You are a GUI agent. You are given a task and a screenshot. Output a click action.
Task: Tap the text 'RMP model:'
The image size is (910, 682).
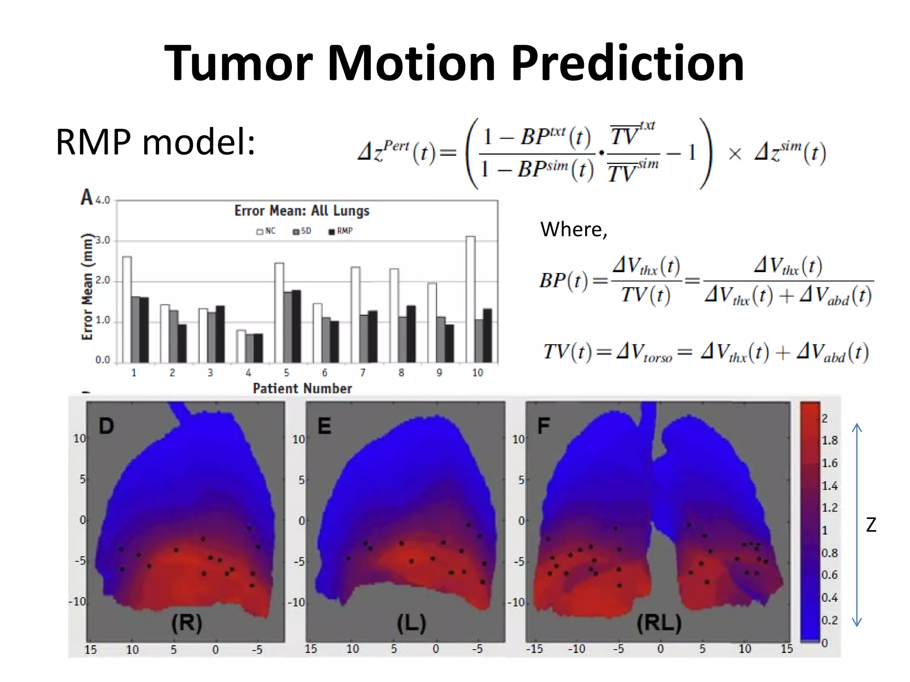coord(155,142)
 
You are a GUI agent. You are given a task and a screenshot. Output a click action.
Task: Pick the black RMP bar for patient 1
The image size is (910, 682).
coord(144,329)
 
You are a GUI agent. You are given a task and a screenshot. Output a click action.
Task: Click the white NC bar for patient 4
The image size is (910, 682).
coord(241,346)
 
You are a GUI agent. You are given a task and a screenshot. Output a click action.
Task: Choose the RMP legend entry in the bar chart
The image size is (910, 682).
coord(341,231)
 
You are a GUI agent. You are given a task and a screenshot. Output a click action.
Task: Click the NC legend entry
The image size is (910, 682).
coord(266,231)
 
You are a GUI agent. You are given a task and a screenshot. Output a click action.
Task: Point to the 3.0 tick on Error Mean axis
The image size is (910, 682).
coord(103,241)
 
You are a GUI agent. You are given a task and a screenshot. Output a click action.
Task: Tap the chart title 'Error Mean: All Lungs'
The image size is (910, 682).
coord(302,210)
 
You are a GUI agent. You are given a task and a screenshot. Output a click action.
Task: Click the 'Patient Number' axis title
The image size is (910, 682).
coord(302,389)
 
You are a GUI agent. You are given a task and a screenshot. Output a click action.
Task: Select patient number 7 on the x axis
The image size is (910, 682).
coord(363,373)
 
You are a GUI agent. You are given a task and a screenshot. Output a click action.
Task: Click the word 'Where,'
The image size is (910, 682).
coord(574,230)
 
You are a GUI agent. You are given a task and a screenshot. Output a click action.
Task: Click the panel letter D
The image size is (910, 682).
coord(106,426)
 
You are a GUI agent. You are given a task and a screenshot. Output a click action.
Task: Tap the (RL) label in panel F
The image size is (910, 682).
coord(659,623)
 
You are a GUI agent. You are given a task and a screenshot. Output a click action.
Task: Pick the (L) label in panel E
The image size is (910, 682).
coord(411,623)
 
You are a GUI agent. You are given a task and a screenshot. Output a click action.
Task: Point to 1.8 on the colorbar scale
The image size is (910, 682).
coord(829,440)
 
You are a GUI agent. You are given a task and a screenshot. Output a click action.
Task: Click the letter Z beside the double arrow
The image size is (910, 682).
coord(871,525)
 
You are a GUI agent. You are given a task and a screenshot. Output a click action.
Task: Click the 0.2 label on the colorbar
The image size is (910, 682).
coord(829,620)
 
